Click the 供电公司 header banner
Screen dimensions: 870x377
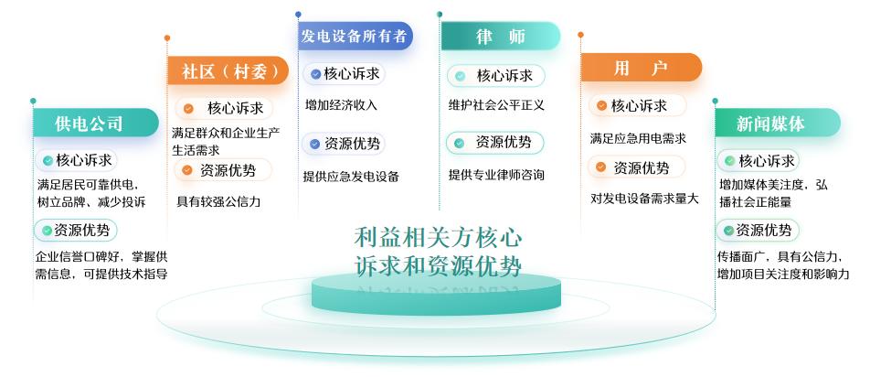click(x=95, y=123)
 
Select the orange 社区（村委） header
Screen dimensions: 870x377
click(x=228, y=70)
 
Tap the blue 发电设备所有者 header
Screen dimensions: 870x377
click(x=355, y=36)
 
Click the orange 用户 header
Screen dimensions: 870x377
click(x=641, y=68)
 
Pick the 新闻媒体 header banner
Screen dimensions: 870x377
click(x=778, y=123)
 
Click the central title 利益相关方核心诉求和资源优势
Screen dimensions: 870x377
click(x=439, y=252)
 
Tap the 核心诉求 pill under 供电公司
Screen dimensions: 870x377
click(x=77, y=160)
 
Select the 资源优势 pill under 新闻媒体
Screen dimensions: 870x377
click(x=758, y=231)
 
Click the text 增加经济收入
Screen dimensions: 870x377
click(x=341, y=105)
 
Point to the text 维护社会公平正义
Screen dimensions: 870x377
click(x=496, y=105)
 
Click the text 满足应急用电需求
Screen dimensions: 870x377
click(x=638, y=138)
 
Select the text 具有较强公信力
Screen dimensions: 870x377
click(x=218, y=201)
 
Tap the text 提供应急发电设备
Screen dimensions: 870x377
click(x=351, y=177)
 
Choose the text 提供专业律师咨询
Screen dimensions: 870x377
click(x=496, y=175)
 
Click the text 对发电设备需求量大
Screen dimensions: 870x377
click(x=644, y=199)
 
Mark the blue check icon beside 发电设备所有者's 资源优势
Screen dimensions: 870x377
click(x=314, y=145)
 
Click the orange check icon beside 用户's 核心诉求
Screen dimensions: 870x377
click(x=601, y=105)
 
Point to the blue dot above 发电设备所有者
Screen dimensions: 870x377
click(x=299, y=15)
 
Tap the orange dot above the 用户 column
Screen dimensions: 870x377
click(x=581, y=35)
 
